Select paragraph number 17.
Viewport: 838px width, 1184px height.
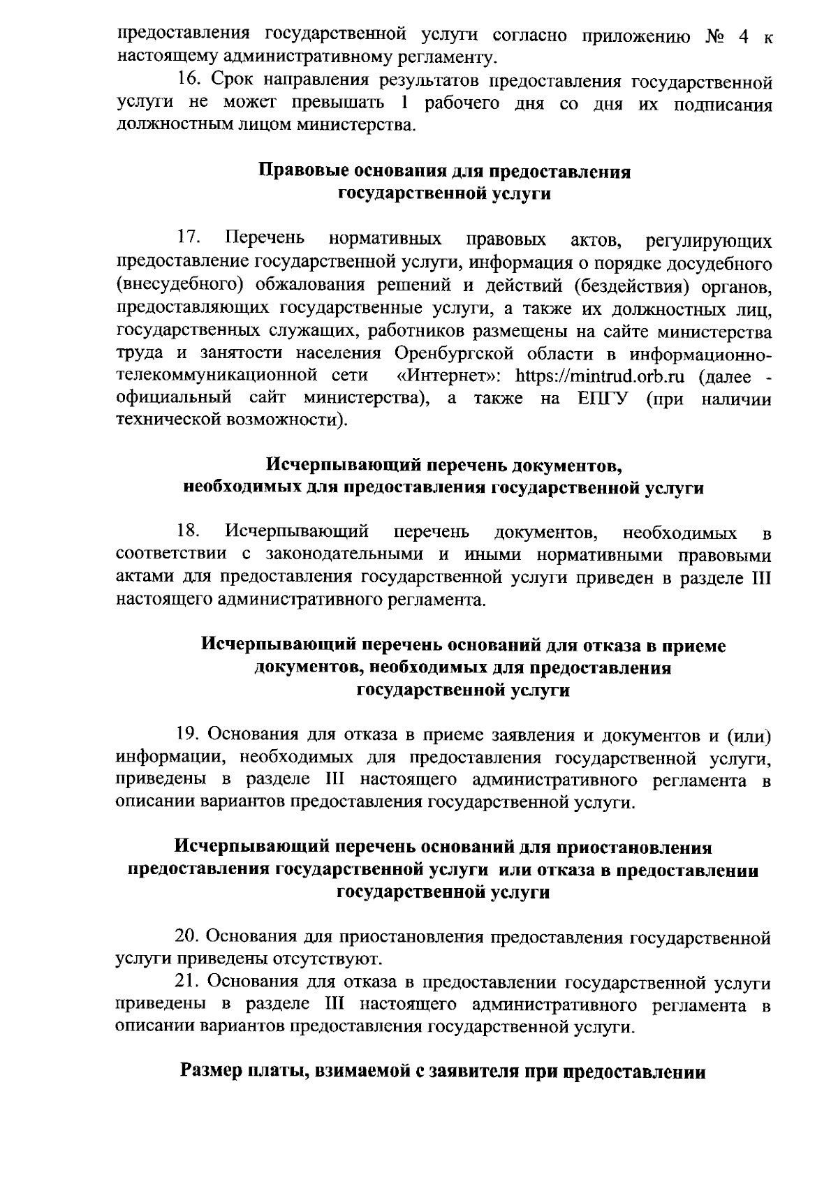pos(189,239)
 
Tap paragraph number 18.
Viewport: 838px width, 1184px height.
pos(189,532)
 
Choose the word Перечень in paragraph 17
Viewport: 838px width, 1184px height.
pos(266,239)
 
